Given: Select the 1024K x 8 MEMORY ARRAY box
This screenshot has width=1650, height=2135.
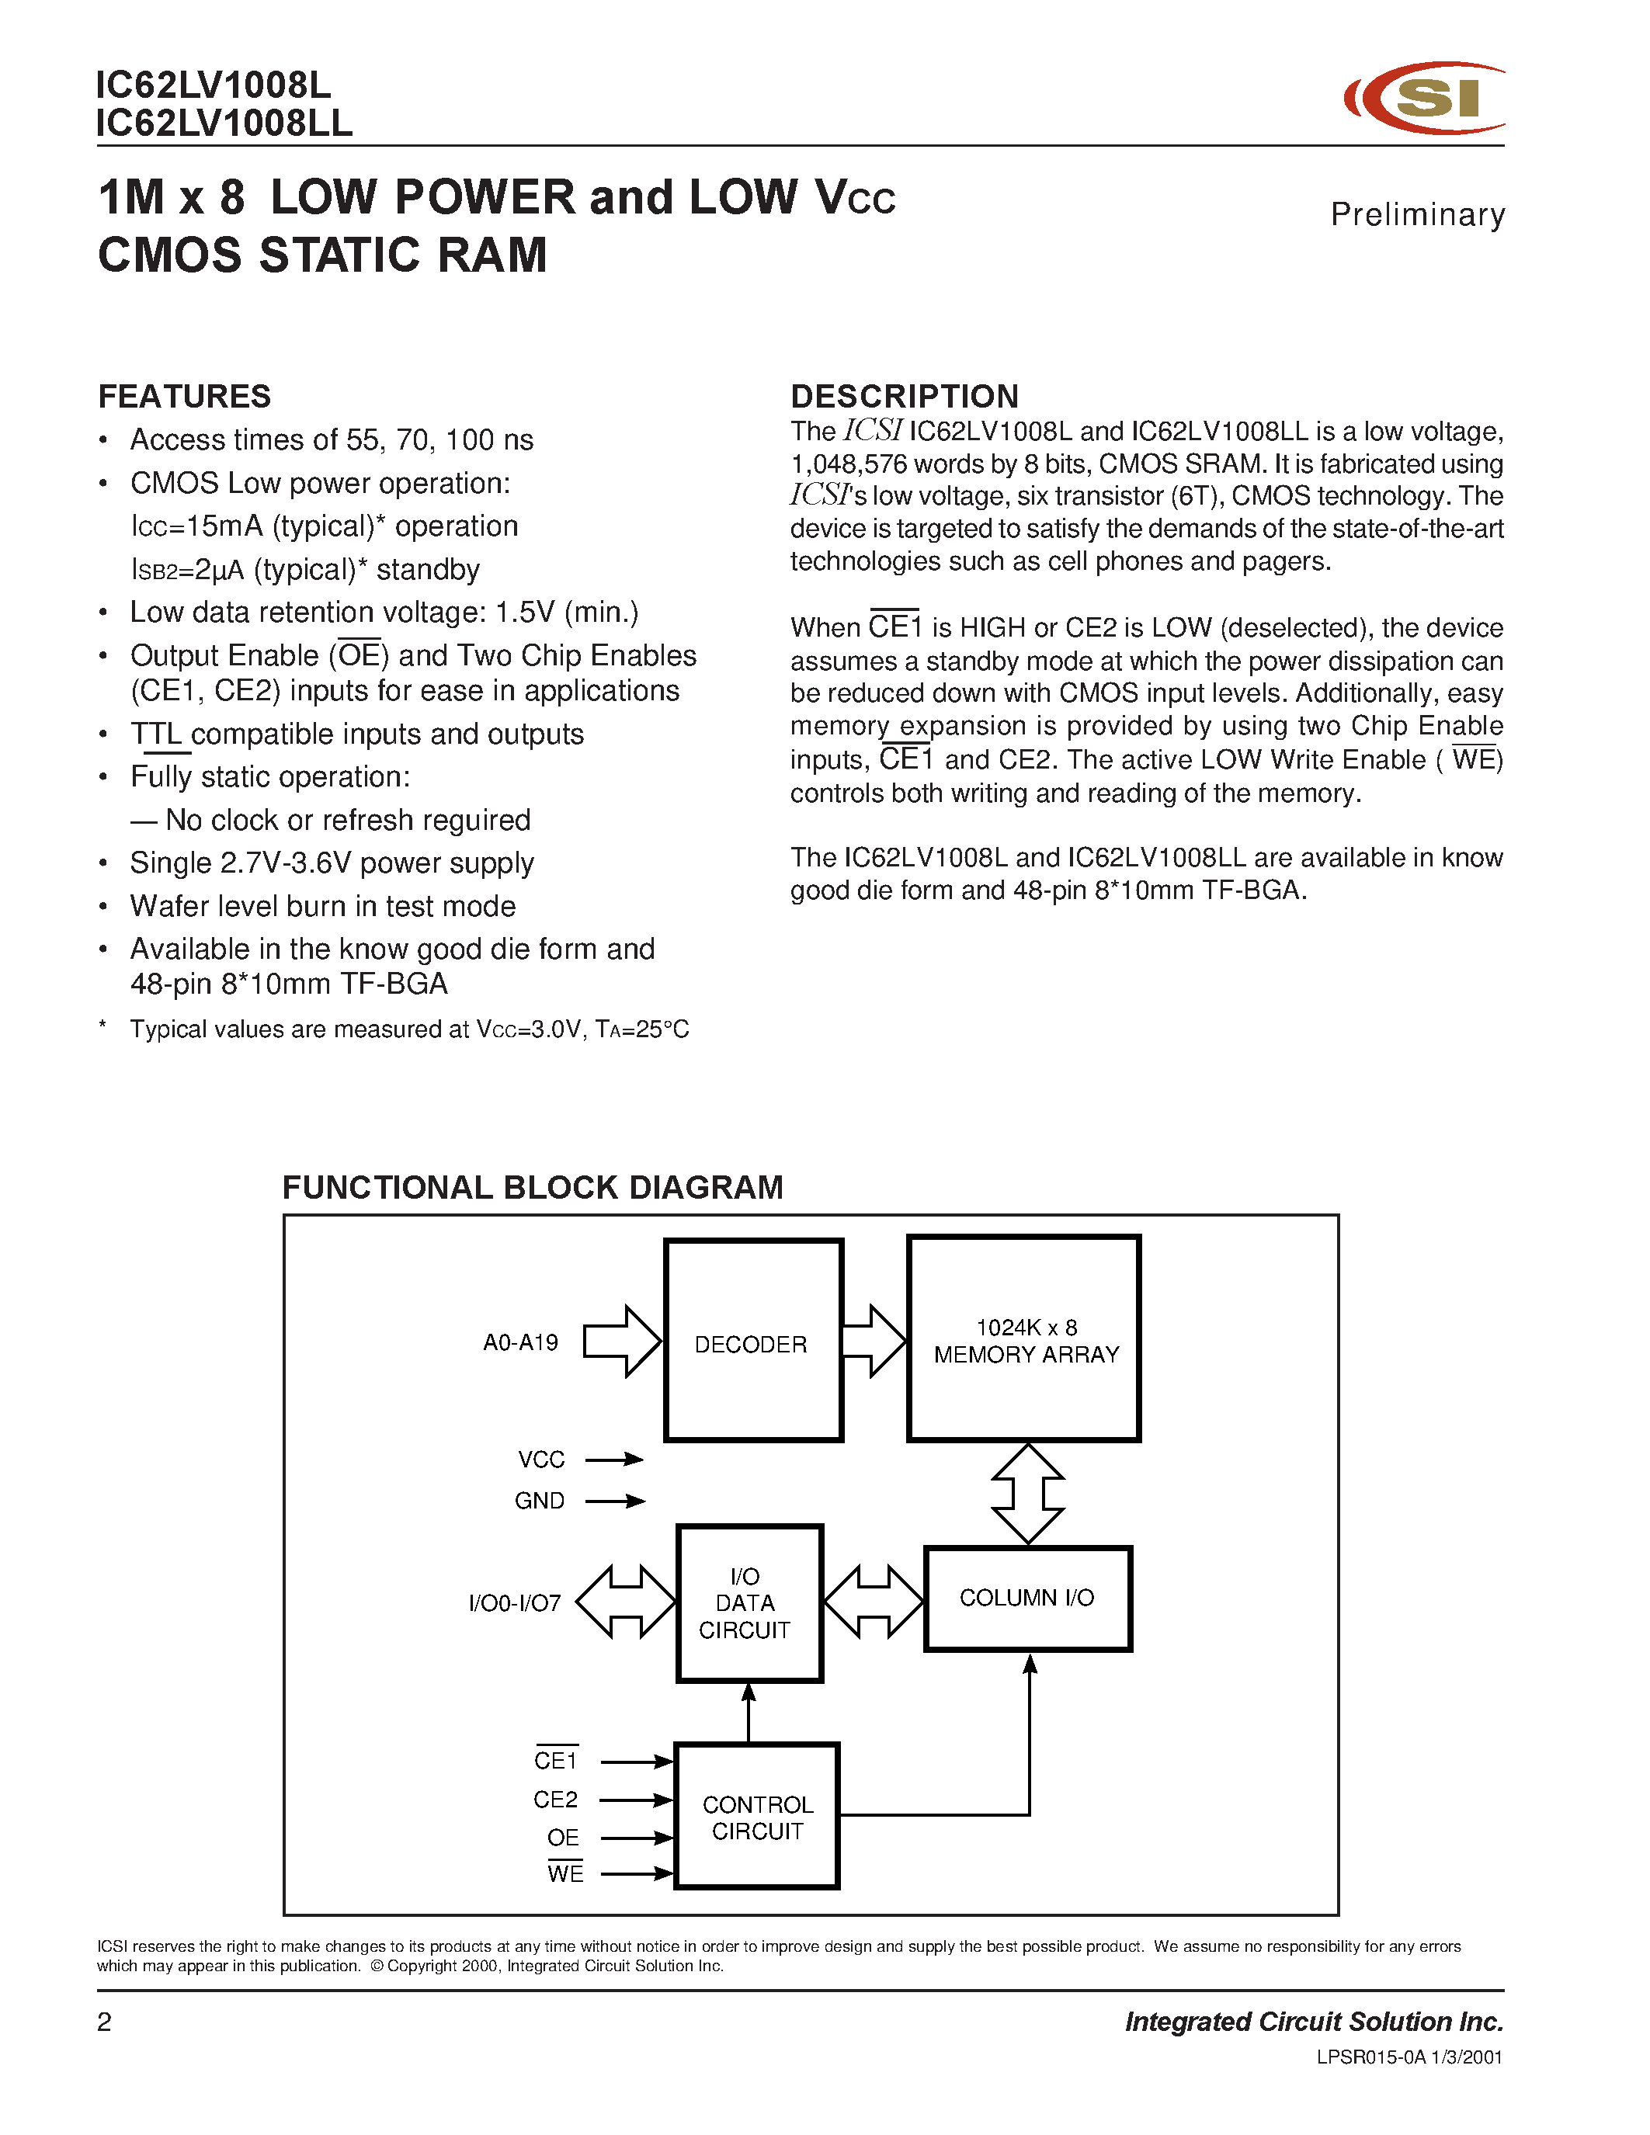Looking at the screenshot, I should (1023, 1339).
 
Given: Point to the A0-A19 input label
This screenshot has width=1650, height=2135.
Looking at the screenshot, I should (520, 1343).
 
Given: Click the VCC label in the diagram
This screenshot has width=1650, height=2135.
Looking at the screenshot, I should (540, 1460).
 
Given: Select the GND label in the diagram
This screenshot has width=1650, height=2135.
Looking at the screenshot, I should (540, 1501).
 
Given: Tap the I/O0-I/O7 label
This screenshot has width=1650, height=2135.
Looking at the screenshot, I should (515, 1603).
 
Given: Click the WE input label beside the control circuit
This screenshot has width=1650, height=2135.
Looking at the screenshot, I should (565, 1874).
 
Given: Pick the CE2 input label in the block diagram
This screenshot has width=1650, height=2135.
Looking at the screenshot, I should (555, 1800).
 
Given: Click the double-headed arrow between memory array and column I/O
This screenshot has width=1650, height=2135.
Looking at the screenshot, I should (1027, 1494).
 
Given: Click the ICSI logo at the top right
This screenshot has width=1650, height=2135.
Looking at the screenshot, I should (1425, 98).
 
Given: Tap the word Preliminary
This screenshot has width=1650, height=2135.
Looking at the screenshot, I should (1416, 214).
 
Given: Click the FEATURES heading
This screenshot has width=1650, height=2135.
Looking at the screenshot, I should (185, 396).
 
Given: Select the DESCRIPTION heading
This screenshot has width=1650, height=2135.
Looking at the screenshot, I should (904, 396).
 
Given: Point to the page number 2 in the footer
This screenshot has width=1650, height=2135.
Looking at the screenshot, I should (106, 2022).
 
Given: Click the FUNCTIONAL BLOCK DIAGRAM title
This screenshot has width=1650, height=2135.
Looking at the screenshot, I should (533, 1187).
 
